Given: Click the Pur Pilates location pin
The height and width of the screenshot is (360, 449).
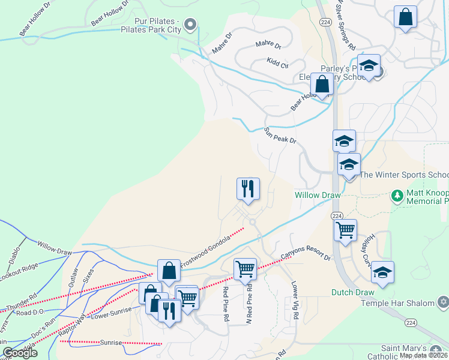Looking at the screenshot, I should click(x=190, y=25).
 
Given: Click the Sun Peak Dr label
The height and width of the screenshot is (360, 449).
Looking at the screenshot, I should click(x=280, y=136).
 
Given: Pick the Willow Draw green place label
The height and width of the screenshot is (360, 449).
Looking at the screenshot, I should click(x=318, y=195).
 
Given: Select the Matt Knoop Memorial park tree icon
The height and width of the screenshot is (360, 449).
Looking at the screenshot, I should click(x=396, y=196).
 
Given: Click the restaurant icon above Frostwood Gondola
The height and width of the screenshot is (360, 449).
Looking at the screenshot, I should click(x=247, y=189).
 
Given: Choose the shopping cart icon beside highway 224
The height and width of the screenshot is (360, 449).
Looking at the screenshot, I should click(x=345, y=230).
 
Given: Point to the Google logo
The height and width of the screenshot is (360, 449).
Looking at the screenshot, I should click(x=20, y=352).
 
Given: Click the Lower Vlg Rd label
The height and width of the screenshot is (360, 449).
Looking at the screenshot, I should click(x=295, y=301).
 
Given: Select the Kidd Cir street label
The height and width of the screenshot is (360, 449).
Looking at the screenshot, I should click(x=277, y=61).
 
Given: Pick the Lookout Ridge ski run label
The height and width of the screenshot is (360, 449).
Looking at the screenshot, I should click(x=18, y=272).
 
